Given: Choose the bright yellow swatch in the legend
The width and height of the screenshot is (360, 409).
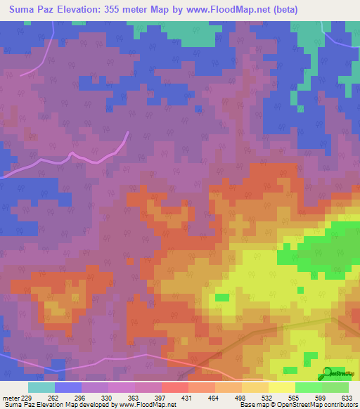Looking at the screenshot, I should point(281,387).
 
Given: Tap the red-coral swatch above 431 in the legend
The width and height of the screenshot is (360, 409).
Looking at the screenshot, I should point(174,387).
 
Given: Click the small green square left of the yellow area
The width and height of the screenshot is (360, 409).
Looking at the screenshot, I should point(221,297).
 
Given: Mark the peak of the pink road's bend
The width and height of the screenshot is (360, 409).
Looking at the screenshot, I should point(127,134).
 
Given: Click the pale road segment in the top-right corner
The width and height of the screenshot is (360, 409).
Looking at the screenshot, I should point(325,25).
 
